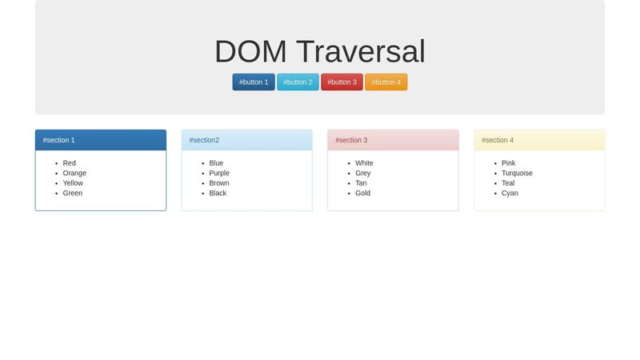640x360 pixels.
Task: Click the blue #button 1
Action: [254, 82]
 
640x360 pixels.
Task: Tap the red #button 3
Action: [342, 82]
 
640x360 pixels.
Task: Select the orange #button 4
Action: [386, 82]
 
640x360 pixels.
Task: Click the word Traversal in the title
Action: [361, 52]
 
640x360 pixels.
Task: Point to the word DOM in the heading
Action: [250, 52]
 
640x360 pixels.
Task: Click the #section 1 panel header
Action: [101, 140]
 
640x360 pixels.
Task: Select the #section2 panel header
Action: [246, 140]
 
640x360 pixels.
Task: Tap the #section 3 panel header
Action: [393, 140]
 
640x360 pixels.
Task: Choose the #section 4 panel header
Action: [539, 140]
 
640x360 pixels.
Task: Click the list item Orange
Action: [74, 173]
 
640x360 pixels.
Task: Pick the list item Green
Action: [73, 193]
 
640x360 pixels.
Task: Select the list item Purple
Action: [219, 173]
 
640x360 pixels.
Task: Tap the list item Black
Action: [218, 193]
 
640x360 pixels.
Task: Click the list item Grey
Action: [363, 173]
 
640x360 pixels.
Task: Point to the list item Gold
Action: [363, 193]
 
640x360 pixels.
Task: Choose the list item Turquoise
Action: [517, 173]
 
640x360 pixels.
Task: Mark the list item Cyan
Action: [510, 193]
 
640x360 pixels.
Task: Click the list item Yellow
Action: [73, 183]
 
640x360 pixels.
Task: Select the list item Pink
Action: [509, 163]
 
